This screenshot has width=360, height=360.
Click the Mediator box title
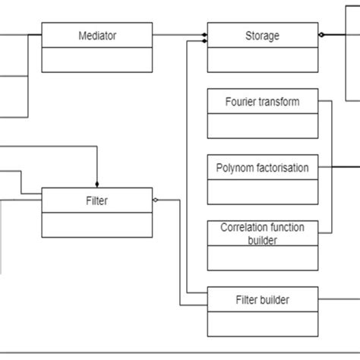97,35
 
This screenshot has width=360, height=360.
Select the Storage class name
262,35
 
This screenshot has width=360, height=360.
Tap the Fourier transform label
262,101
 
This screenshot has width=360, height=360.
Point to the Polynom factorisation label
262,168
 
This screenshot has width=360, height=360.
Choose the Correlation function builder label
262,233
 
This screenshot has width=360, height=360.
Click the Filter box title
97,201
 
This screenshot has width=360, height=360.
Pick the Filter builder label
262,299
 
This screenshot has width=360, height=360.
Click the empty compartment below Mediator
97,58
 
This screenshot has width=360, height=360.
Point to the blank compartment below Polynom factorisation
262,191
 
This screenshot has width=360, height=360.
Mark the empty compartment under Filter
97,225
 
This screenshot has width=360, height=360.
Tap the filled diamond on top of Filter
97,183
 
